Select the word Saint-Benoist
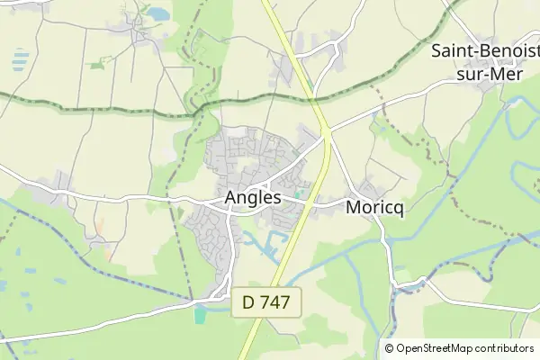(485, 50)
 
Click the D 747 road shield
(266, 303)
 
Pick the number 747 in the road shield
(275, 303)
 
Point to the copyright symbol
(390, 348)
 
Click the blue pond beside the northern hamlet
(158, 13)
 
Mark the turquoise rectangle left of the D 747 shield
(199, 314)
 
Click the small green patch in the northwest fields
(97, 64)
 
